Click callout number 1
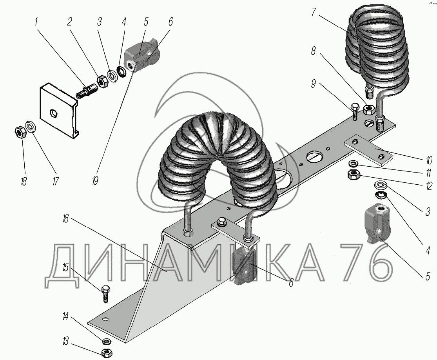click(36, 22)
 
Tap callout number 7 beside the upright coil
click(314, 12)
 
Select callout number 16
click(65, 219)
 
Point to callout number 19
click(95, 181)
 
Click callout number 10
click(429, 160)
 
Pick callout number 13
click(65, 341)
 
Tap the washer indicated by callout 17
click(31, 127)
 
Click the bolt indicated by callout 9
click(355, 111)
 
